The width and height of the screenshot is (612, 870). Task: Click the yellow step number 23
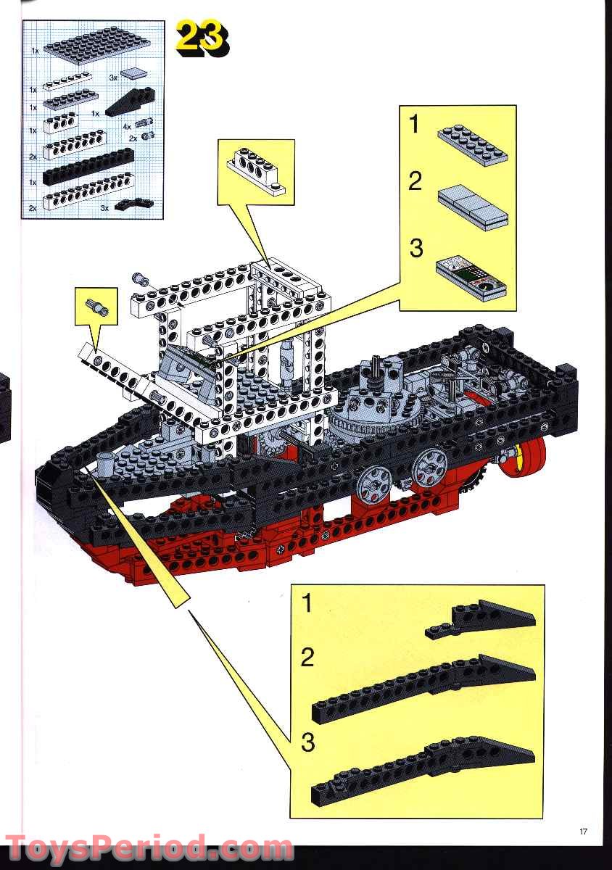(202, 40)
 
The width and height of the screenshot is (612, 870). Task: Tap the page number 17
(583, 831)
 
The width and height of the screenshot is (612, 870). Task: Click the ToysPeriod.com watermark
(149, 848)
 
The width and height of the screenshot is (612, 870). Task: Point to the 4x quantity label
(127, 127)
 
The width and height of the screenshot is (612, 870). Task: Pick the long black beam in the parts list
(88, 166)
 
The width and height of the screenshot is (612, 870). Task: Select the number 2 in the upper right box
(415, 181)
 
